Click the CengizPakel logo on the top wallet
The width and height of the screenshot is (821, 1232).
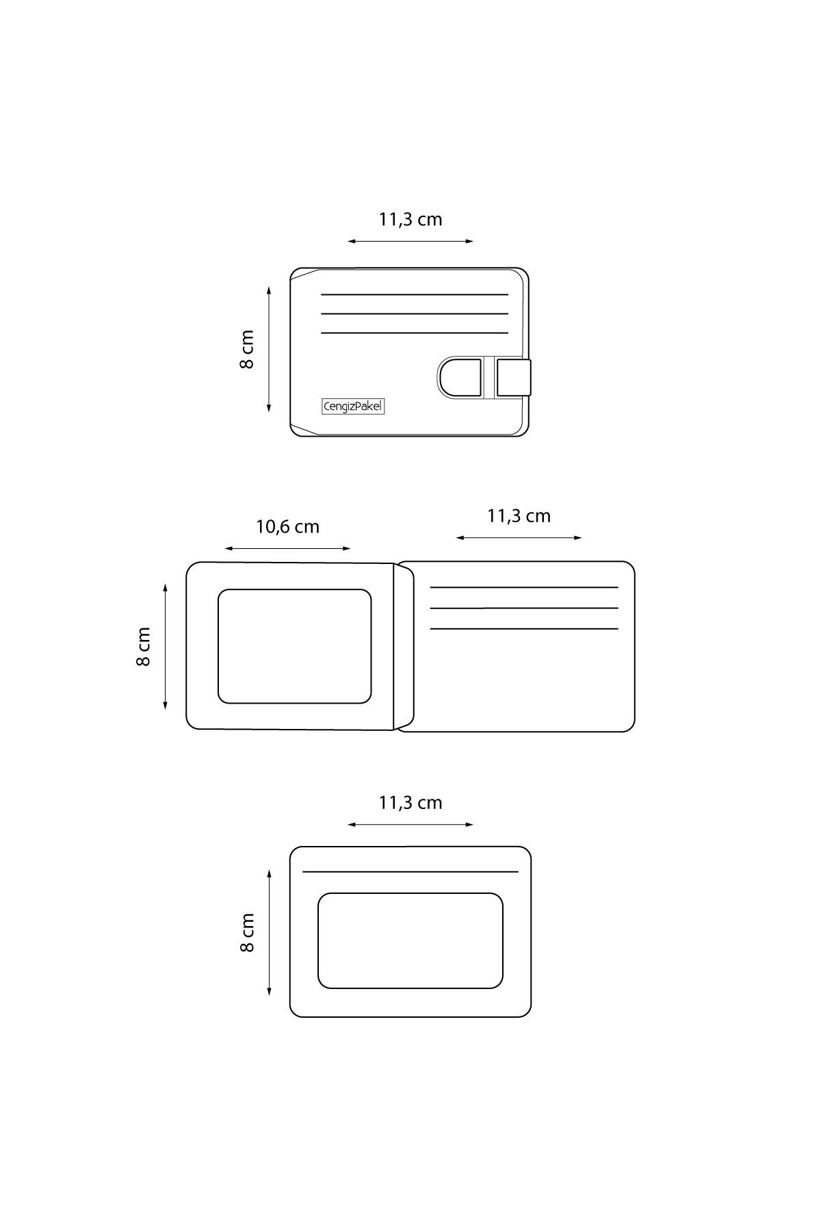point(353,407)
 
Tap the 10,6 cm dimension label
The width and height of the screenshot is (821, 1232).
point(288,527)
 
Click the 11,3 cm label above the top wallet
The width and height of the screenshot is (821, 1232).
point(410,220)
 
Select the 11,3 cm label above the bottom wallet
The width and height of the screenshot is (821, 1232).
point(410,803)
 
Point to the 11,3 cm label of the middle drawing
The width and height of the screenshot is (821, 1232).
point(519,516)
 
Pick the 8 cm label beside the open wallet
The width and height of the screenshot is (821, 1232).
point(143,647)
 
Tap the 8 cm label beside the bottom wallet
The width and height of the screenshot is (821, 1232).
point(247,933)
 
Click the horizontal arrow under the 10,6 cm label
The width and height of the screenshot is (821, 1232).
point(287,548)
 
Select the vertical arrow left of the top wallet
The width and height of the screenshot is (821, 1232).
point(269,350)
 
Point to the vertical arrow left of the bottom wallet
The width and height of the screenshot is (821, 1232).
point(270,933)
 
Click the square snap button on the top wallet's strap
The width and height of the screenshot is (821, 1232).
point(513,376)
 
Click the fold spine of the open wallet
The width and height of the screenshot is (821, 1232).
point(404,647)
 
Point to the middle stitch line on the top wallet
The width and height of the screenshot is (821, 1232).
point(415,313)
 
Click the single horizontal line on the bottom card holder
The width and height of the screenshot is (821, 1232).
point(410,872)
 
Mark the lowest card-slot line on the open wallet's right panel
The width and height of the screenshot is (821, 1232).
point(524,628)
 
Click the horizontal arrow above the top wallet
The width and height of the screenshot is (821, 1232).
point(410,241)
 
